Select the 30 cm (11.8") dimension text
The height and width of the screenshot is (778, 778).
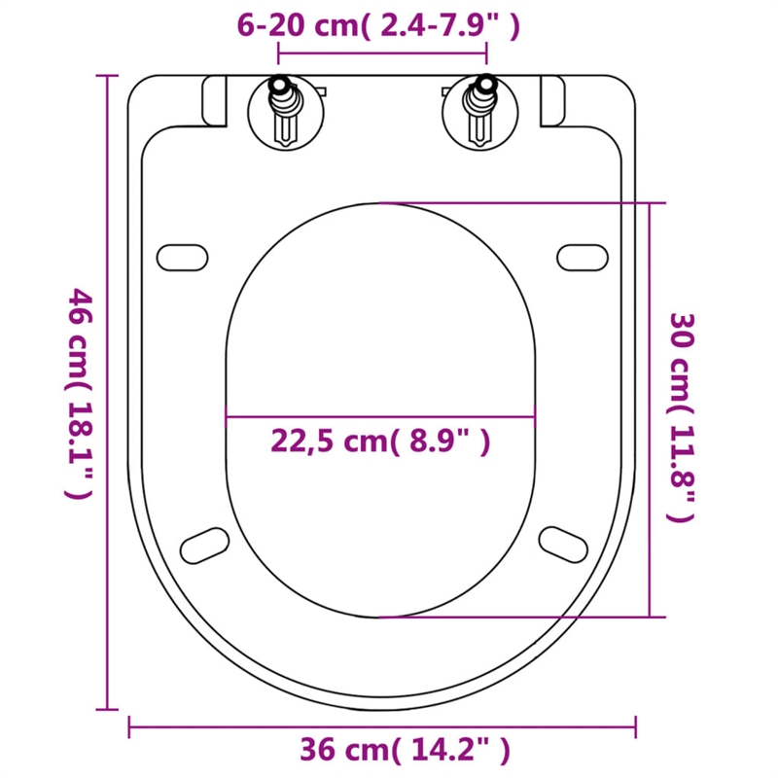(684, 418)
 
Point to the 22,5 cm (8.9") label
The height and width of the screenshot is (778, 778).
(379, 442)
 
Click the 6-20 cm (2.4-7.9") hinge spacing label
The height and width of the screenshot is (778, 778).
(379, 26)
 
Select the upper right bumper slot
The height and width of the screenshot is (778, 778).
(583, 256)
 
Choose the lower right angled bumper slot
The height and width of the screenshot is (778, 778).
(562, 541)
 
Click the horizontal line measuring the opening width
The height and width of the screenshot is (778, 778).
(380, 418)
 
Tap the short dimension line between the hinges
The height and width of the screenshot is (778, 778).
(380, 54)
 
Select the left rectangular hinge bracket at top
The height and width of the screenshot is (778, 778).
(215, 100)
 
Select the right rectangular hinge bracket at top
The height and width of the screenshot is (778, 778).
(551, 100)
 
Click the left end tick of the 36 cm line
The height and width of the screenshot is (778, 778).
(129, 725)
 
